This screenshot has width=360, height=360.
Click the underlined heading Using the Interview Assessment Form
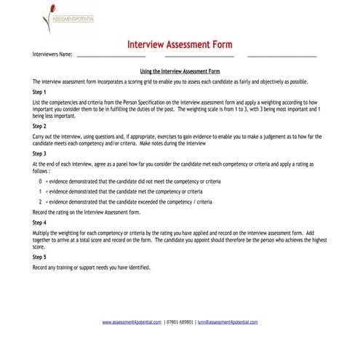(180, 71)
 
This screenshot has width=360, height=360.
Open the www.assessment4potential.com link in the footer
(132, 321)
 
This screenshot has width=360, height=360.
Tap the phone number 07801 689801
(180, 321)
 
